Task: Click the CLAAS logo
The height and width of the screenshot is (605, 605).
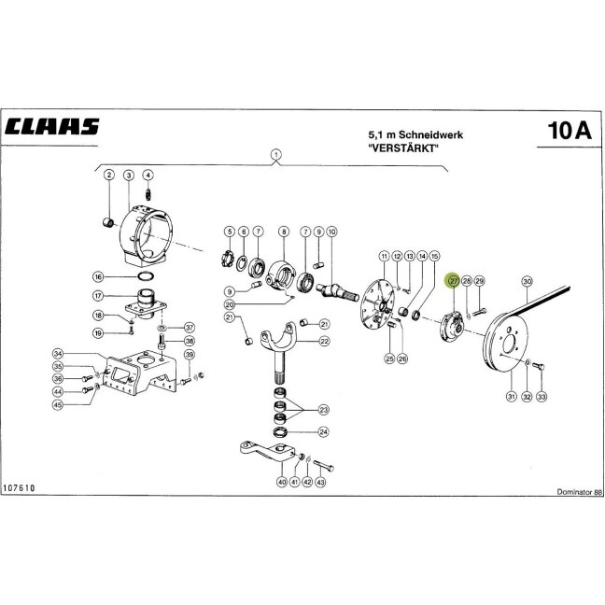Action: (52, 126)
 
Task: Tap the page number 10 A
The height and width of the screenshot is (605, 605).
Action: (570, 131)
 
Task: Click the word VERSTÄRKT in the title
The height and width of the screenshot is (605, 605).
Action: (404, 148)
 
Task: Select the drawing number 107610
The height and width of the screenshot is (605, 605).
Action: (19, 488)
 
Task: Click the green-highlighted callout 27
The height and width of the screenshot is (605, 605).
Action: (453, 281)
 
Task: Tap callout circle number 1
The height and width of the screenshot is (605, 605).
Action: (275, 155)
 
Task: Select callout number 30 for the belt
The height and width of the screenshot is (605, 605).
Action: (527, 281)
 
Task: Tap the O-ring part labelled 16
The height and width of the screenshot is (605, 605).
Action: (146, 276)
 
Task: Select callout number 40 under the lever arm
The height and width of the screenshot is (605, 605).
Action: (283, 482)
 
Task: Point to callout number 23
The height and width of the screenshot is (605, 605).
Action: (323, 410)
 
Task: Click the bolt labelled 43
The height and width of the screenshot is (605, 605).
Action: (323, 465)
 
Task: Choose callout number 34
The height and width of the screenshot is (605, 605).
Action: (58, 354)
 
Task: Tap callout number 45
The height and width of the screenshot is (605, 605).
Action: (58, 404)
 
